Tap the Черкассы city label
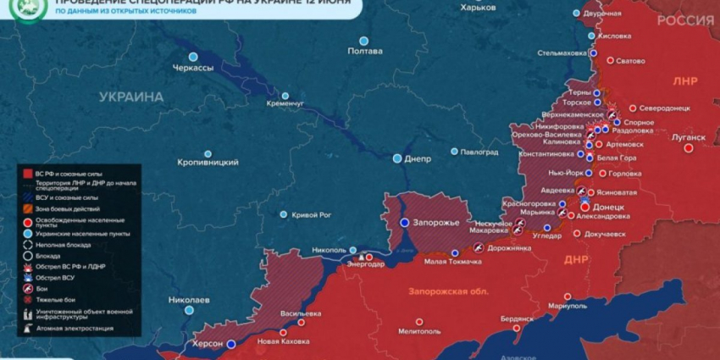point(192,68)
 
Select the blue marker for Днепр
point(397,158)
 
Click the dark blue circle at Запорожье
point(405,222)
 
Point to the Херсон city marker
point(230,343)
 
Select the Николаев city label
point(189,300)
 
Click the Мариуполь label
point(568,305)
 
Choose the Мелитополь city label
point(420,331)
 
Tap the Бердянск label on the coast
point(517,318)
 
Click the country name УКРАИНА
point(131,97)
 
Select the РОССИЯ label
point(684,20)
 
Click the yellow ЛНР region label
point(685,81)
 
